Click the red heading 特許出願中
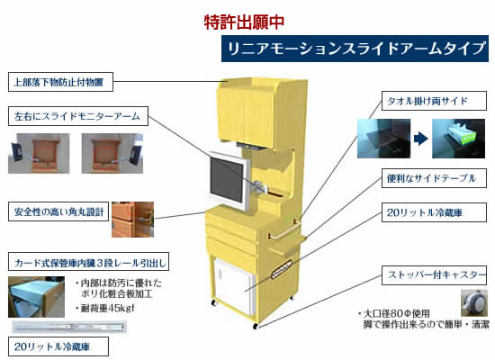click(244, 22)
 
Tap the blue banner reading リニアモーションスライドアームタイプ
click(355, 49)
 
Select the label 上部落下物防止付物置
click(60, 82)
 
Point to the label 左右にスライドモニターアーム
click(78, 116)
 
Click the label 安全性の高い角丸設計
click(58, 211)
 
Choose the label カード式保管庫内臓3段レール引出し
click(88, 262)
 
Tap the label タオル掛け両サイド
click(434, 101)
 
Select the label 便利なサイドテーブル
click(434, 178)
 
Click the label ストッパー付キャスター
click(434, 275)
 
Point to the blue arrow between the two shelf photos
click(421, 139)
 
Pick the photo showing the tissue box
click(458, 139)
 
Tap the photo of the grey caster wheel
click(473, 302)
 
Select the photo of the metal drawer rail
click(69, 327)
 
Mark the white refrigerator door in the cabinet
click(233, 287)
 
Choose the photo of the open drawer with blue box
click(36, 297)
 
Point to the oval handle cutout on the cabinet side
click(282, 269)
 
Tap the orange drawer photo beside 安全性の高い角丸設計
click(133, 220)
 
